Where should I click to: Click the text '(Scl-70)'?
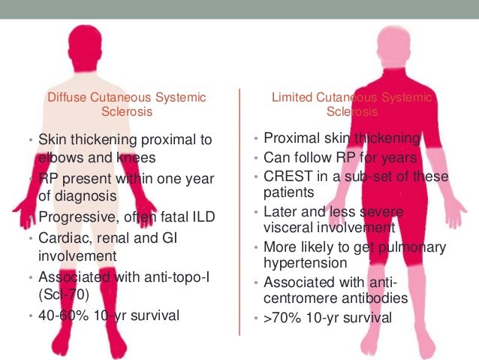click(63, 295)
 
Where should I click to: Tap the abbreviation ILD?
click(201, 217)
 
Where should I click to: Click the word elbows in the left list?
click(60, 158)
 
